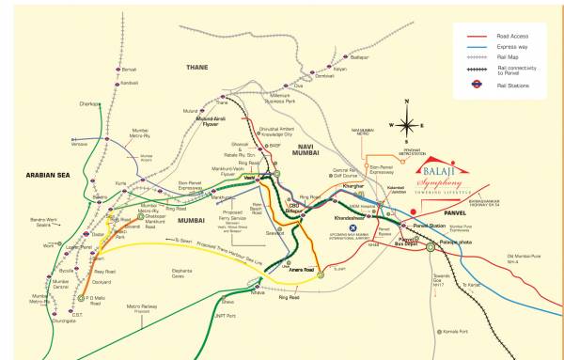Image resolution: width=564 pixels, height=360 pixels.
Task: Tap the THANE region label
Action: (x=197, y=67)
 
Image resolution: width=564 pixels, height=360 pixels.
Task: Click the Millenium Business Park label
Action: (x=284, y=97)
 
